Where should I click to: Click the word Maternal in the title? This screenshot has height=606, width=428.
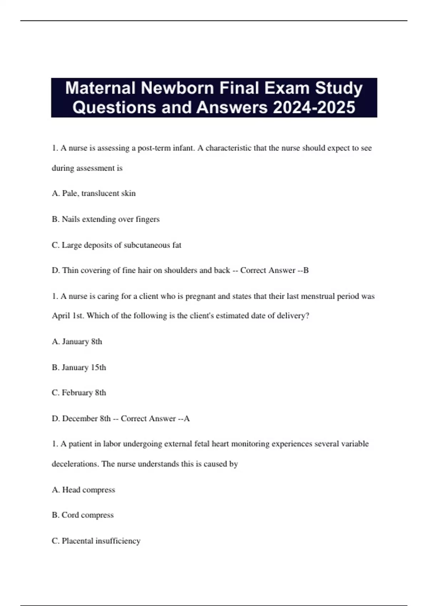coord(100,88)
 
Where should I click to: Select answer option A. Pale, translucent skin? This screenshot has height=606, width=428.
coord(94,193)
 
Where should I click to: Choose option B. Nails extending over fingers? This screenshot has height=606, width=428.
coord(106,219)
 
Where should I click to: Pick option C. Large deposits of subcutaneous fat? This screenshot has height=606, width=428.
coord(117,245)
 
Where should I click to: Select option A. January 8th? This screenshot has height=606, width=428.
coord(77,341)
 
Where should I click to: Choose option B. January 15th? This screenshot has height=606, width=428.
coord(79,367)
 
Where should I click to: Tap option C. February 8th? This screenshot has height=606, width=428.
coord(79,392)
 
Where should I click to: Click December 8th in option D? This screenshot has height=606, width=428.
coord(86,418)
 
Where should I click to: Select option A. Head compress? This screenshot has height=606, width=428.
coord(83,490)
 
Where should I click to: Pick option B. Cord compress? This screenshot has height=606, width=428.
coord(83,515)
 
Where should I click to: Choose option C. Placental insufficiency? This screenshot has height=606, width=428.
coord(96,541)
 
